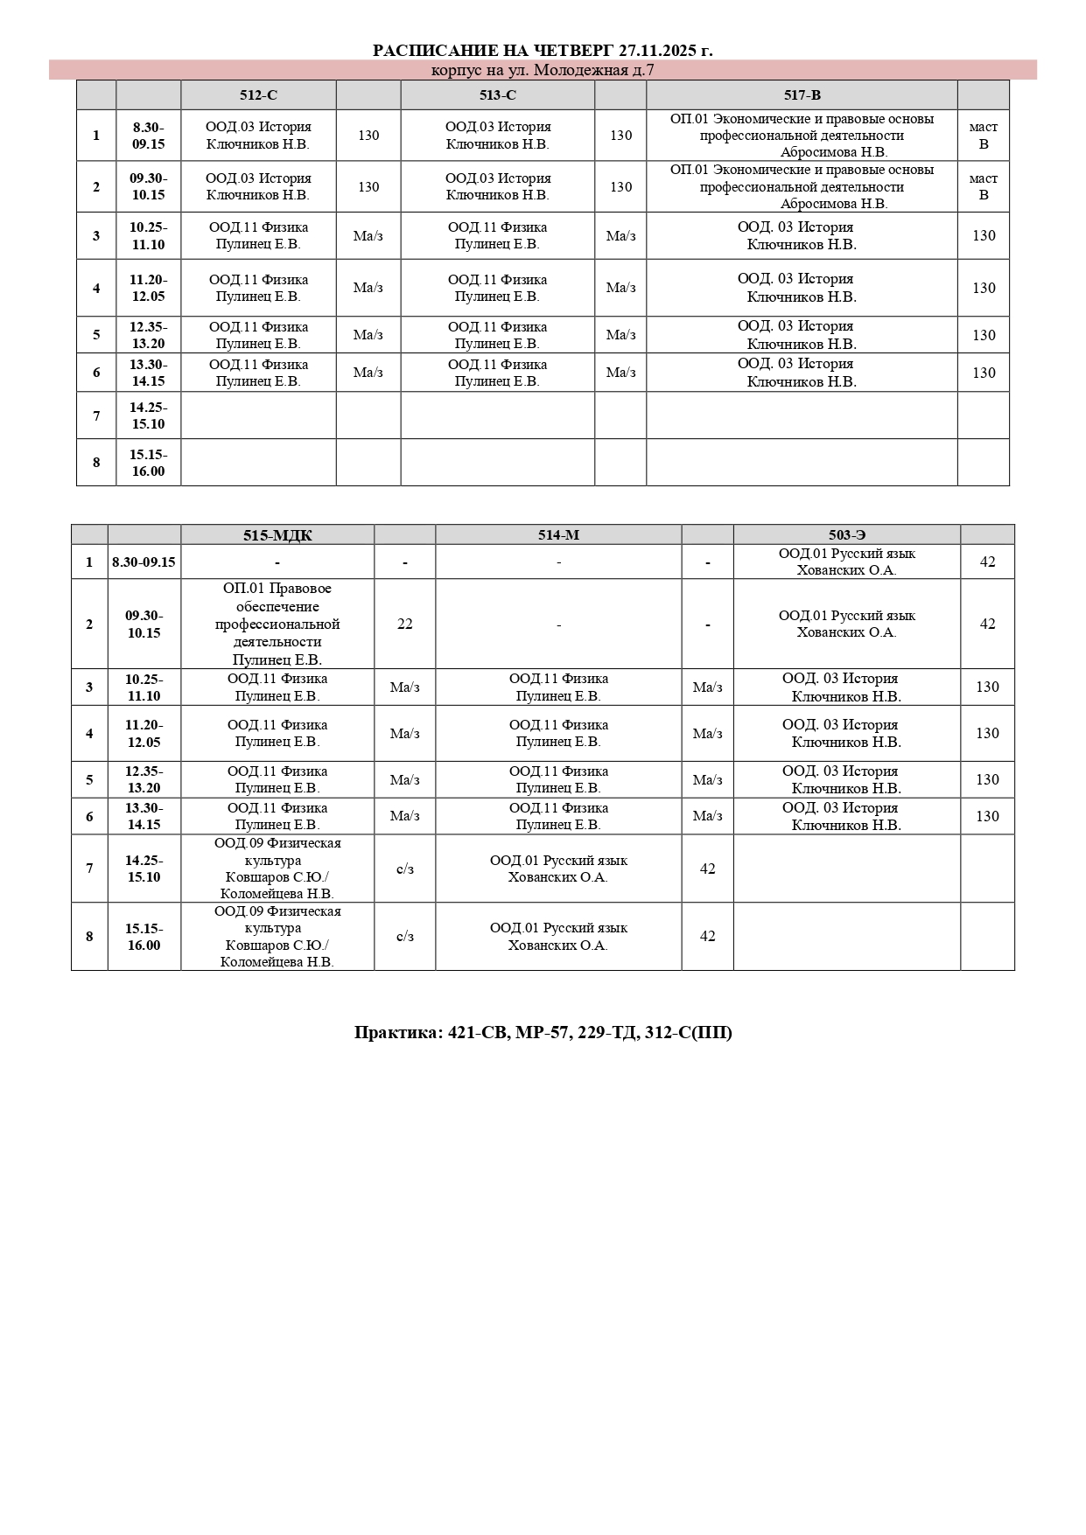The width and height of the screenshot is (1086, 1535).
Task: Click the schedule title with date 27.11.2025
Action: click(543, 51)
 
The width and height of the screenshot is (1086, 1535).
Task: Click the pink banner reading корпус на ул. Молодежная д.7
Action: click(543, 70)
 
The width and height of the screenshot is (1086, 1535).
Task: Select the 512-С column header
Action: click(258, 95)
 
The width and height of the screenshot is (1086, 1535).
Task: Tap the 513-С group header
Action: click(498, 95)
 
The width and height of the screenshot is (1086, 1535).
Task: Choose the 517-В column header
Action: click(802, 95)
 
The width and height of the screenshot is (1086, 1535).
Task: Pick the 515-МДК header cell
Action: click(277, 535)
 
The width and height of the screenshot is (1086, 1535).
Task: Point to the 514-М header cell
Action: click(558, 535)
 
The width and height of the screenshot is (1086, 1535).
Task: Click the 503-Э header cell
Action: click(846, 535)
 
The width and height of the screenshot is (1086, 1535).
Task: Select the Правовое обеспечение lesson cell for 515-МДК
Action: click(277, 624)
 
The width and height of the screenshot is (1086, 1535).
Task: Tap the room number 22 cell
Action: click(404, 624)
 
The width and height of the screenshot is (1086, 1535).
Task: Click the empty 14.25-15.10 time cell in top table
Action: click(149, 415)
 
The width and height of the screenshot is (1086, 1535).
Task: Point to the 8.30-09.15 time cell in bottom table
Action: click(144, 562)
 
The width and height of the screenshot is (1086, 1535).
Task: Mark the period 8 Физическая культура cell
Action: click(277, 936)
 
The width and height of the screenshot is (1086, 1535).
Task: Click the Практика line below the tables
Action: click(543, 1032)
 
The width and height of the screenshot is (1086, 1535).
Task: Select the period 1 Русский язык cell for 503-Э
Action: click(846, 562)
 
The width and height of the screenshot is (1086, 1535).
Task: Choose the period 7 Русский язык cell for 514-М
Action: click(558, 869)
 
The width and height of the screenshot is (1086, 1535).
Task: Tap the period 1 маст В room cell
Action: click(983, 136)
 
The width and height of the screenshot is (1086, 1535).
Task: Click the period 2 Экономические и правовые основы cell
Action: click(802, 186)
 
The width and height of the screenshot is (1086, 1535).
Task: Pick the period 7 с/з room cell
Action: click(404, 869)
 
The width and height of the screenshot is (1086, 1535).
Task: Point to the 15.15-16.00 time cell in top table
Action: click(149, 463)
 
